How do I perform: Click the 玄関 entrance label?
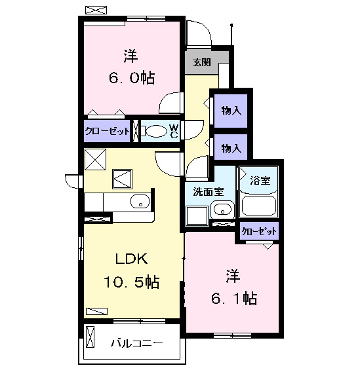tap(202, 62)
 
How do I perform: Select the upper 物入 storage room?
tap(231, 111)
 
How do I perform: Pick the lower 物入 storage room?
tap(231, 147)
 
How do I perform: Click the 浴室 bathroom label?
tap(260, 181)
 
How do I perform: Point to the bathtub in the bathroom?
tap(258, 205)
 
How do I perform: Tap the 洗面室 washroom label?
tap(209, 191)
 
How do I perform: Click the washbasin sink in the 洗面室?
tap(222, 210)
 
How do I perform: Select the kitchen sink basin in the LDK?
tap(140, 202)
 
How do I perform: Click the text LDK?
tap(131, 259)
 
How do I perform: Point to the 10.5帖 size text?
tap(131, 282)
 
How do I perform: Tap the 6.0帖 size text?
tap(132, 77)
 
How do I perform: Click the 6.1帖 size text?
tap(234, 299)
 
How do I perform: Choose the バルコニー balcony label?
tap(137, 343)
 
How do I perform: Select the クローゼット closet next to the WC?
tap(107, 131)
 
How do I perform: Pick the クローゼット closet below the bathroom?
tap(259, 231)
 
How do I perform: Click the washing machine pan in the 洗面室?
tap(197, 215)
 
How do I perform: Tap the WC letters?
tap(174, 132)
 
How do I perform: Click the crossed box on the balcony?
tap(90, 337)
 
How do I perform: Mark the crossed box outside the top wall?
tap(96, 10)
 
